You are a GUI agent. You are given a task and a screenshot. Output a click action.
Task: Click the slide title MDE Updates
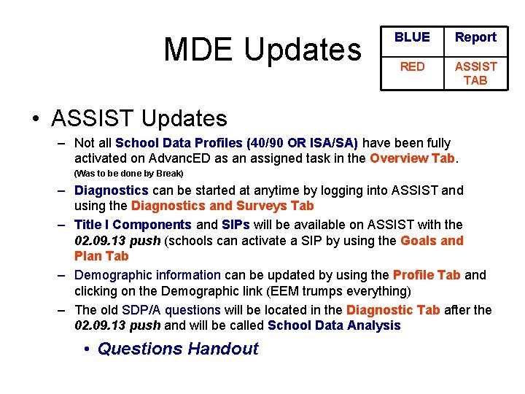pyautogui.click(x=262, y=49)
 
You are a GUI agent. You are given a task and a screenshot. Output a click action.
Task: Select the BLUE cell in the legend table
pyautogui.click(x=412, y=37)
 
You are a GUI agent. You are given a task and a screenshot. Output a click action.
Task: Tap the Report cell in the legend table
pyautogui.click(x=475, y=37)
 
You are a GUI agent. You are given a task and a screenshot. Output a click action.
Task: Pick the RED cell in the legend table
pyautogui.click(x=412, y=66)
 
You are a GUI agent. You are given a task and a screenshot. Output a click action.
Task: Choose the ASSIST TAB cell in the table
pyautogui.click(x=475, y=73)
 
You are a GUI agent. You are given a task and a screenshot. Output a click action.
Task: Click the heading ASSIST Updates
pyautogui.click(x=139, y=117)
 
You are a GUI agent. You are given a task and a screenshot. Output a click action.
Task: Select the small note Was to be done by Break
pyautogui.click(x=128, y=174)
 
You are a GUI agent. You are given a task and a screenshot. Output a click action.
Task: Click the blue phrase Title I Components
pyautogui.click(x=133, y=225)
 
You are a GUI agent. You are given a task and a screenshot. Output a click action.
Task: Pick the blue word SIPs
pyautogui.click(x=236, y=225)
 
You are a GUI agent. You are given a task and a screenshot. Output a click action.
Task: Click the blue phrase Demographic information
pyautogui.click(x=147, y=275)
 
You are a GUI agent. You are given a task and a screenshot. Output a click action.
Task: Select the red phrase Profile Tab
pyautogui.click(x=426, y=275)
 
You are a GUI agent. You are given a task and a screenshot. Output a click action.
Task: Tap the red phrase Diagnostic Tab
pyautogui.click(x=392, y=310)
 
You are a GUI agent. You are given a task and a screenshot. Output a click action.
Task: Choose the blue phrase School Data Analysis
pyautogui.click(x=334, y=325)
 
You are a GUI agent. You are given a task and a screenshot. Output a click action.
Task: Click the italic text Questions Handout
pyautogui.click(x=177, y=349)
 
